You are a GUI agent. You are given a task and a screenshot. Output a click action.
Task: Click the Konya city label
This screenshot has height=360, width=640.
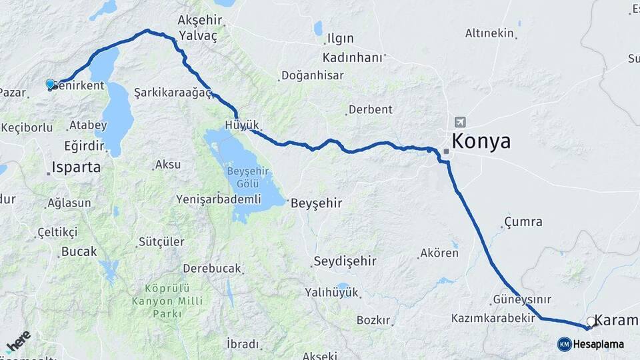(x=481, y=141)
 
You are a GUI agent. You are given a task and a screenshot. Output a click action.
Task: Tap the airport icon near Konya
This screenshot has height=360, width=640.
(x=460, y=122)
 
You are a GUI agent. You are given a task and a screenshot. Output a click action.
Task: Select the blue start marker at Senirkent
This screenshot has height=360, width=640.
(x=50, y=84)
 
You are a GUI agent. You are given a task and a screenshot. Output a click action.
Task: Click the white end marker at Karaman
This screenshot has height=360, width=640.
(x=590, y=321)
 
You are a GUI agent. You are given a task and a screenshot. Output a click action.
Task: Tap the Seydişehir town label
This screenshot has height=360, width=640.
(x=345, y=261)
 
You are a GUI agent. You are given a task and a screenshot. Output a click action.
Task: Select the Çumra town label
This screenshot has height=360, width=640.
(x=523, y=222)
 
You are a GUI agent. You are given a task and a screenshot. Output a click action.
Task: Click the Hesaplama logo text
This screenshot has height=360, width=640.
(x=598, y=344)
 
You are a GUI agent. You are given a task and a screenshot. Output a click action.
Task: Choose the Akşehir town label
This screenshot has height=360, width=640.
(x=199, y=21)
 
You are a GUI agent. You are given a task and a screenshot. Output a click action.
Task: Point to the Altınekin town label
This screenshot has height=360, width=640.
(x=490, y=33)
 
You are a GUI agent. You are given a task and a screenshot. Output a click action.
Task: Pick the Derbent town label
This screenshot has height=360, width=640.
(x=371, y=109)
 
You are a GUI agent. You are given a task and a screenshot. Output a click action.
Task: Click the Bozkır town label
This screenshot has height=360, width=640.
(x=373, y=320)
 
